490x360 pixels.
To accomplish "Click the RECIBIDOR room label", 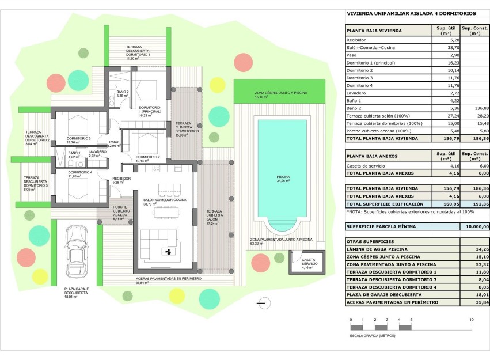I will tap(121, 180).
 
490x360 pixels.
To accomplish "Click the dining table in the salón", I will tap(167, 212).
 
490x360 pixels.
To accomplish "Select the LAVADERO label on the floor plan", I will tap(97, 152).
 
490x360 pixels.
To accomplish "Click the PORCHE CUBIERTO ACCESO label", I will tap(120, 213).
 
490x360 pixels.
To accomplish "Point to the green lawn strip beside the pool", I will tap(280, 92).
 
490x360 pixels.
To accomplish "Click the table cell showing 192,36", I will tap(475, 204).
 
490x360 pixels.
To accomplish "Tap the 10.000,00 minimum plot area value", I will tap(475, 227).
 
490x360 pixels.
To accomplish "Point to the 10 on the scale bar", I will tap(472, 319).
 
